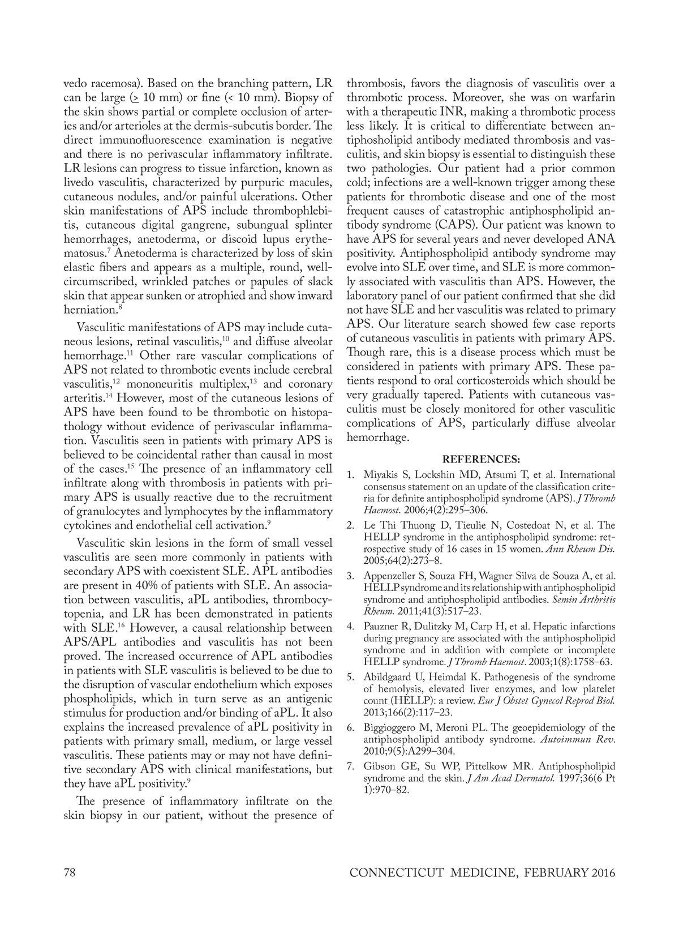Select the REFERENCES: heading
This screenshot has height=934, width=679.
(481, 459)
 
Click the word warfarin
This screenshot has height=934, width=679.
(592, 97)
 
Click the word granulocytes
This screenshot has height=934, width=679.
(105, 511)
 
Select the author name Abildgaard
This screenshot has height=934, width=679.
(388, 676)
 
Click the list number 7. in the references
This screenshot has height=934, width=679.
(351, 766)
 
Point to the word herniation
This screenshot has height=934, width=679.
(90, 310)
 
